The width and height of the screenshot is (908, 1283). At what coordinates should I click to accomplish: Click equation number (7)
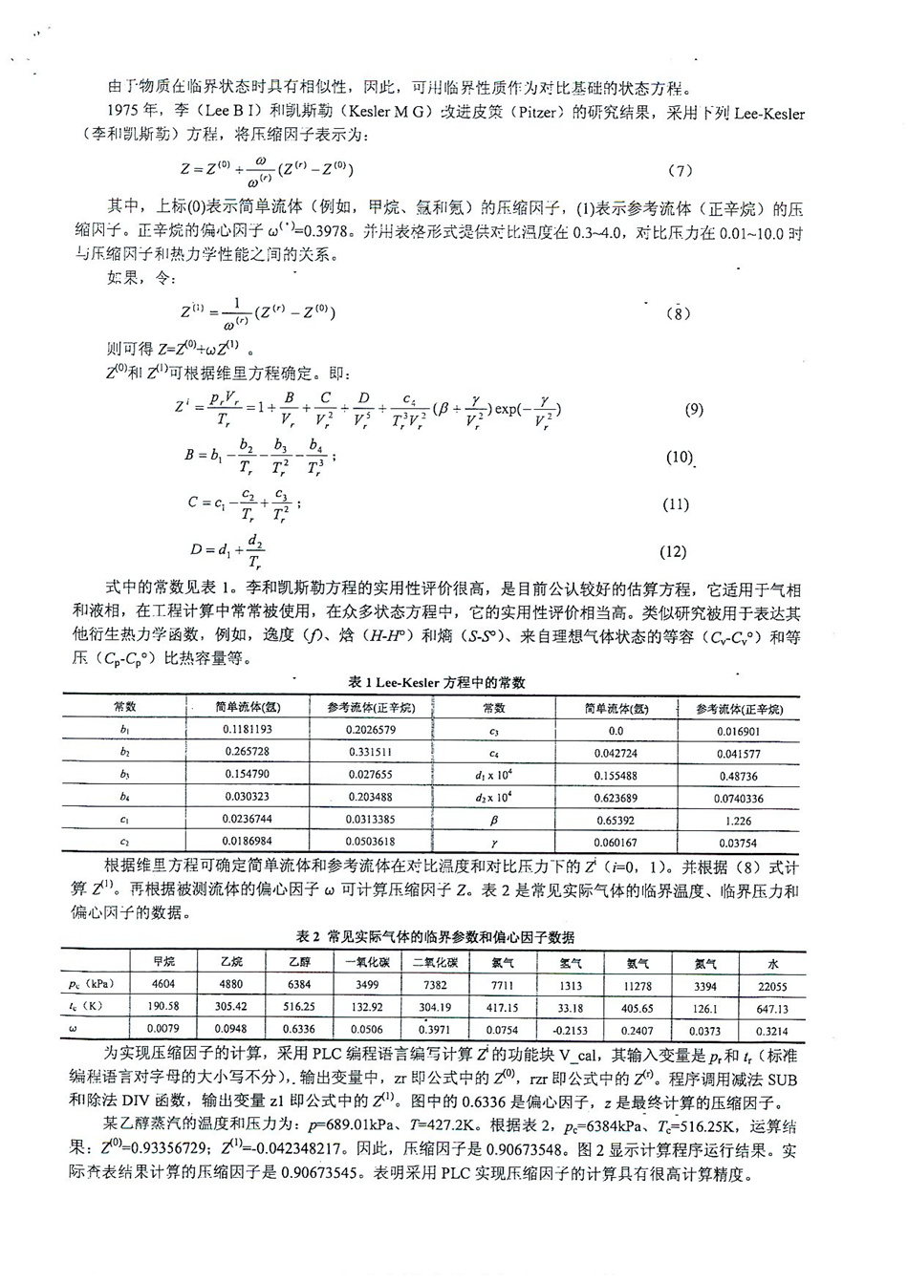point(681,171)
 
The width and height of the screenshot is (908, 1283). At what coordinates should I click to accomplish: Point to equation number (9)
point(694,410)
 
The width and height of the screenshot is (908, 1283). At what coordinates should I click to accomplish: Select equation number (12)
point(673,551)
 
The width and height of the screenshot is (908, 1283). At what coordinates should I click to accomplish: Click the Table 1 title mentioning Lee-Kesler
point(437,682)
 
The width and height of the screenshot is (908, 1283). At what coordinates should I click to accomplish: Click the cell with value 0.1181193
point(247,731)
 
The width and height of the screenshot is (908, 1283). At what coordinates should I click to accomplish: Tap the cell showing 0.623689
point(616,798)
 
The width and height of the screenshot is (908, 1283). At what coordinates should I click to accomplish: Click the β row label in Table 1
point(494,821)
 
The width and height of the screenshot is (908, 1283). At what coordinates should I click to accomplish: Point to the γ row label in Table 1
point(494,842)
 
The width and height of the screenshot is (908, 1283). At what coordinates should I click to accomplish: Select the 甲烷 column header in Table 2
point(164,963)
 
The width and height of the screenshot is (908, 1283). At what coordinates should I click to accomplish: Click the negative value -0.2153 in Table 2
point(571,1030)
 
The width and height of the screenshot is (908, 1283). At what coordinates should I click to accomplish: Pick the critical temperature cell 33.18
point(571,1008)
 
